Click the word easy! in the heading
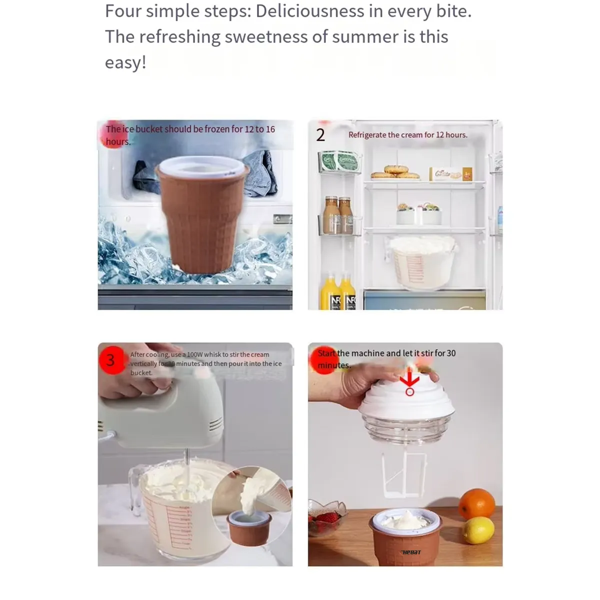125,62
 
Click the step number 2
320,135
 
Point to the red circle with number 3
110,359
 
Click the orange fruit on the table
476,504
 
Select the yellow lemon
478,530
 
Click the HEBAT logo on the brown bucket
411,552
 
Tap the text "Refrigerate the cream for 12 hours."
407,135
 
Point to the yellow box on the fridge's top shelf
467,173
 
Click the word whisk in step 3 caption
212,354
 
